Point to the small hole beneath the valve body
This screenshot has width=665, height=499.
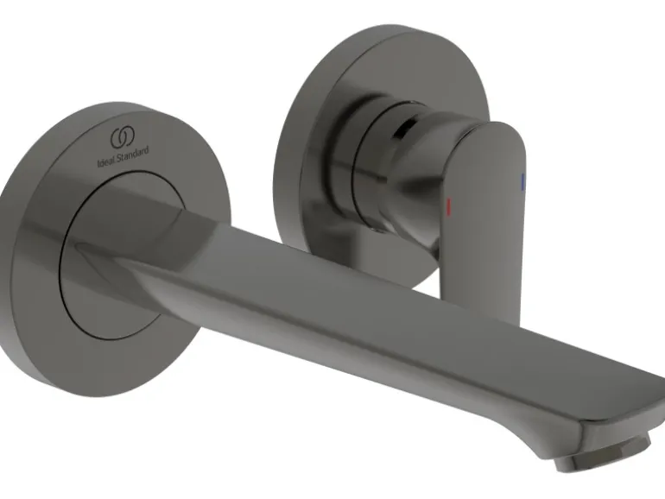coord(377,231)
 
